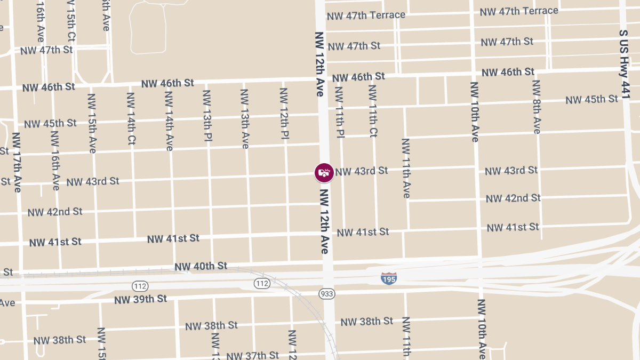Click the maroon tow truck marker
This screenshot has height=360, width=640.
tap(324, 172)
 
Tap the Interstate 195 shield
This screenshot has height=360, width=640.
tap(389, 278)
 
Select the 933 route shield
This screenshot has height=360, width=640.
tap(327, 294)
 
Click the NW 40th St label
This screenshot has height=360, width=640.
tap(201, 266)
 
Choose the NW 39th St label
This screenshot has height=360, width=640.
tap(140, 299)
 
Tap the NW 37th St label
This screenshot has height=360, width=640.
tap(253, 355)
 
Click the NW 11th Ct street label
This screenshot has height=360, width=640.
tap(373, 110)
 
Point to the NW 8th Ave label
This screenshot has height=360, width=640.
tap(536, 107)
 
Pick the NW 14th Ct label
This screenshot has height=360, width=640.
tap(131, 118)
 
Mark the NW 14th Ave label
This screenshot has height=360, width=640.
tap(169, 121)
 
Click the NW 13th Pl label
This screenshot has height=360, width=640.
tap(207, 116)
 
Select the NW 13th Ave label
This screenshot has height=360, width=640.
tap(245, 118)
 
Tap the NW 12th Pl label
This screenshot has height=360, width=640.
tap(284, 115)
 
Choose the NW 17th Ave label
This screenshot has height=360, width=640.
tap(16, 162)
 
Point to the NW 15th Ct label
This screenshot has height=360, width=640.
tap(71, 21)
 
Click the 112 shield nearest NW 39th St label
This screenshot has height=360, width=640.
tap(140, 285)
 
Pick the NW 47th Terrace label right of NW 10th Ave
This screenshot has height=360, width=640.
tap(519, 11)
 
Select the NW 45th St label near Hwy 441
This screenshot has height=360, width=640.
tap(592, 100)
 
